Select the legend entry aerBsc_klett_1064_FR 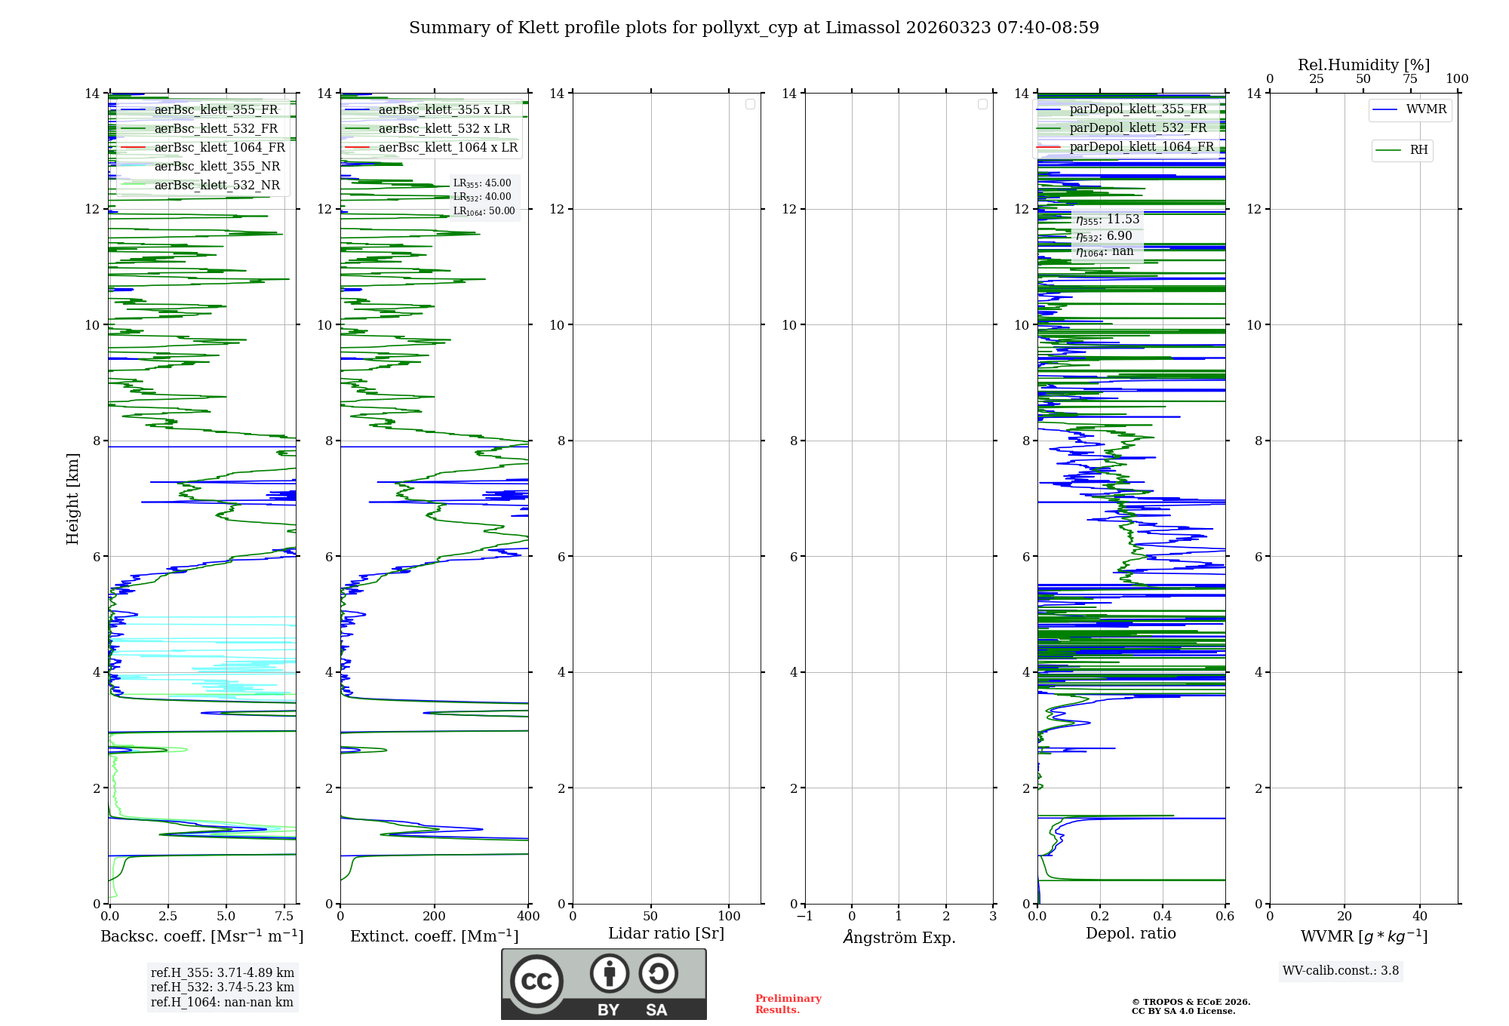[x=219, y=148]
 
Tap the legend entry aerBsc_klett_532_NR [x=217, y=186]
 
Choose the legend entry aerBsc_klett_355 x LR [x=444, y=110]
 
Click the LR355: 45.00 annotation [x=482, y=183]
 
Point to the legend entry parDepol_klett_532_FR [x=1138, y=128]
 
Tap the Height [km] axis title [x=72, y=499]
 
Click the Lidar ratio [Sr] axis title [x=666, y=934]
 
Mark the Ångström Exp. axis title [x=899, y=938]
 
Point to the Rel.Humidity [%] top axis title [x=1363, y=65]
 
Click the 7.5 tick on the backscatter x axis [x=284, y=917]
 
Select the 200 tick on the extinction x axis [x=435, y=917]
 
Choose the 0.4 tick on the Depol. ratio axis [x=1163, y=917]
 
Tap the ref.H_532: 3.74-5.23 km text [x=223, y=988]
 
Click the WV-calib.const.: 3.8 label [x=1341, y=971]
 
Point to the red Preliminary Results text [x=788, y=1004]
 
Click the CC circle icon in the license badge [x=536, y=981]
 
